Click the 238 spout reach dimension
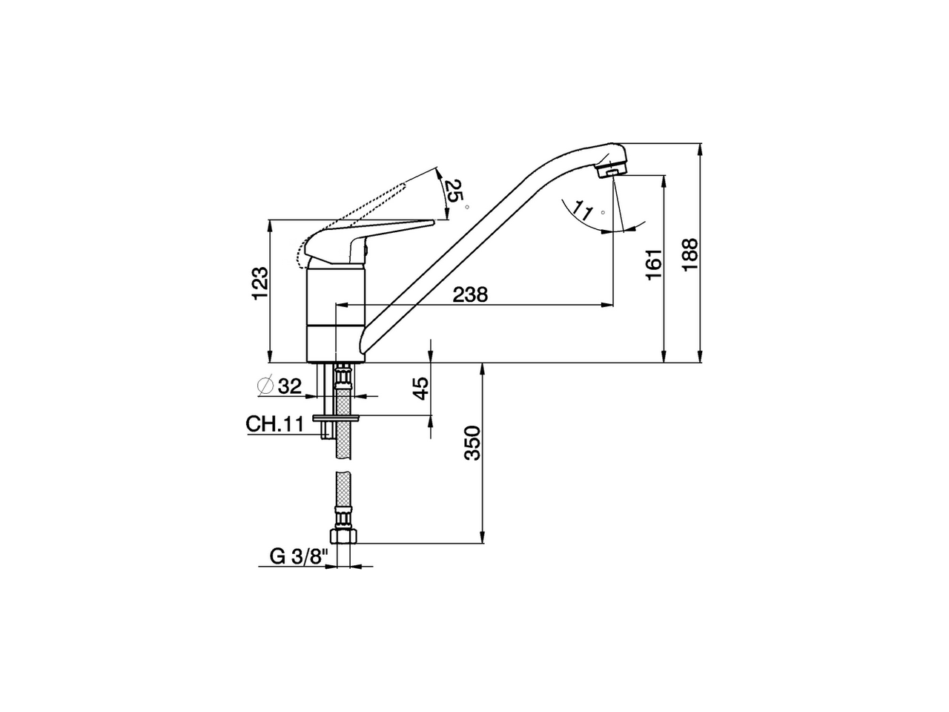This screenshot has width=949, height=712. tap(470, 294)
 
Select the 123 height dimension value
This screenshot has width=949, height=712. tap(259, 284)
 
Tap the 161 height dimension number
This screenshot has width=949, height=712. tap(653, 265)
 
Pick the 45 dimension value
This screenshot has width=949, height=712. tap(420, 389)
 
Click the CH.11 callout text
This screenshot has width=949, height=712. tap(275, 424)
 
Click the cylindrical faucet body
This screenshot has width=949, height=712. tap(336, 315)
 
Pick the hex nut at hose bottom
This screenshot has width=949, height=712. tap(343, 536)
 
